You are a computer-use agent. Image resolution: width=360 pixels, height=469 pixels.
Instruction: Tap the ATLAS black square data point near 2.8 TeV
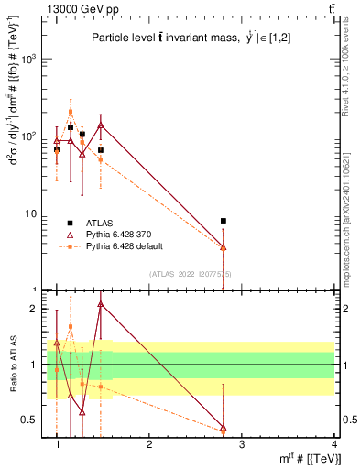point(224,221)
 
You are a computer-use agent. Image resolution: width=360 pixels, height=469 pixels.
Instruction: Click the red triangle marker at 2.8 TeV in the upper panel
point(224,247)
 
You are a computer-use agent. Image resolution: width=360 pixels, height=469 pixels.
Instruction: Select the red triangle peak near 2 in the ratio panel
point(101,303)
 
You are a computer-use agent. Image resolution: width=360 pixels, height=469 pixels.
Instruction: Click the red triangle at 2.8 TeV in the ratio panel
point(224,428)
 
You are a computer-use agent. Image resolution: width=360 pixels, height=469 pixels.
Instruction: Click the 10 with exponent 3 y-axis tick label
point(30,59)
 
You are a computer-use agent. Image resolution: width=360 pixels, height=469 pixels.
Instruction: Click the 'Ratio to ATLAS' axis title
point(11,365)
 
